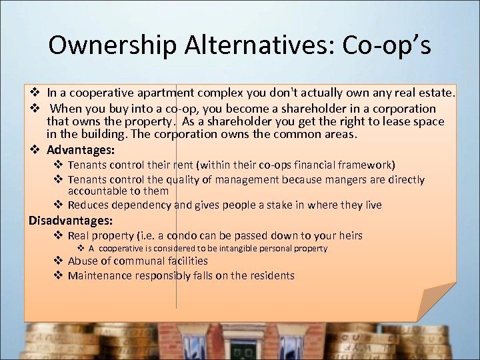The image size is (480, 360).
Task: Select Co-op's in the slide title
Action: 386,45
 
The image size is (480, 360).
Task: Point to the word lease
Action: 401,121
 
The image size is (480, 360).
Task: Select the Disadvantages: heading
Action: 71,220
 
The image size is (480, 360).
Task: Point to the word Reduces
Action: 91,205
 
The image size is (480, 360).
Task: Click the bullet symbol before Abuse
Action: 58,261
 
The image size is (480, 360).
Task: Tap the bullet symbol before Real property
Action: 58,235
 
